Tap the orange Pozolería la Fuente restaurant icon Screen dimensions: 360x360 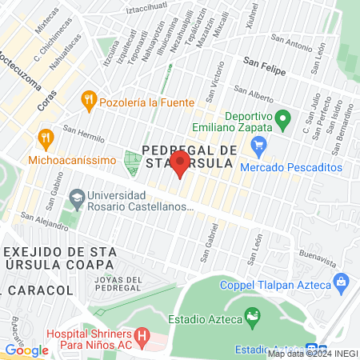tap(89, 102)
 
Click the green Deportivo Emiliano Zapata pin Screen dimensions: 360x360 tap(282, 120)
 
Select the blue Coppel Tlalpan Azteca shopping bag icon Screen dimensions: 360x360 tap(342, 283)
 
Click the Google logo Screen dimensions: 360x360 tap(26, 350)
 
